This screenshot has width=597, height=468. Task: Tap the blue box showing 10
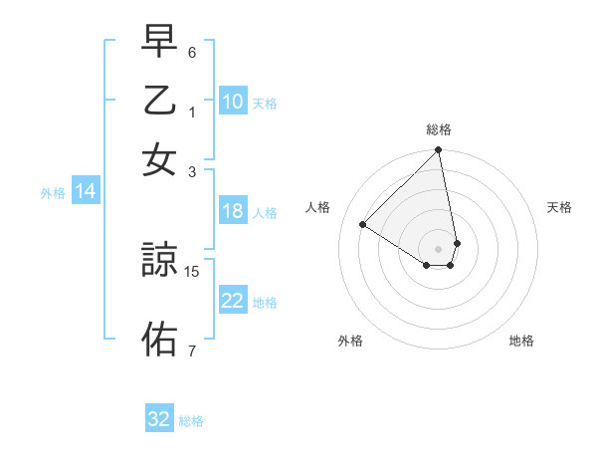[x=232, y=102]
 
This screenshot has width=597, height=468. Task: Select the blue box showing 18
[x=232, y=211]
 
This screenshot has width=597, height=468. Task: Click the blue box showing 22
[x=232, y=302]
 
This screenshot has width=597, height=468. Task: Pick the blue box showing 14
[x=85, y=192]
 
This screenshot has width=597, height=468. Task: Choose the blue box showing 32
[x=159, y=419]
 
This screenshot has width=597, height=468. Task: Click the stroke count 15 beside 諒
[x=193, y=271]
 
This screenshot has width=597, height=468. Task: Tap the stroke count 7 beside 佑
[x=192, y=351]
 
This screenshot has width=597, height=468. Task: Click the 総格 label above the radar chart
[x=439, y=129]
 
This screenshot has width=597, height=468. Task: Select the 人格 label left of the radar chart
[x=318, y=207]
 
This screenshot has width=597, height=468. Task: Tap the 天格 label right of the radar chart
[x=560, y=207]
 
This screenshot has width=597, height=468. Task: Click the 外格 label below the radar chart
[x=350, y=341]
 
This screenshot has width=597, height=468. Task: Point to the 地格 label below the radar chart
[x=521, y=341]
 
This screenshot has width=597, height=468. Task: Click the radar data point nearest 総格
[x=439, y=151]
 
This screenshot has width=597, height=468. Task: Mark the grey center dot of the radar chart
[x=439, y=248]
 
